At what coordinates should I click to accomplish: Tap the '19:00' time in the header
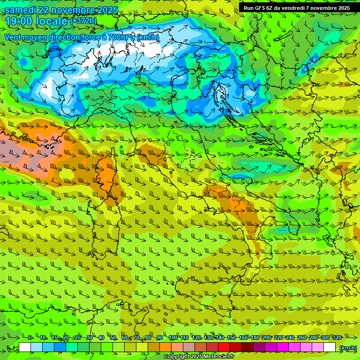(x=19, y=21)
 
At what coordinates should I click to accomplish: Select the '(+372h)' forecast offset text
(x=83, y=21)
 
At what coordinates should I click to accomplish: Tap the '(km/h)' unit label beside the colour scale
(x=347, y=348)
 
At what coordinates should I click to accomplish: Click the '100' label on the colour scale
(x=173, y=337)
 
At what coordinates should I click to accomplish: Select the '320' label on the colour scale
(x=337, y=337)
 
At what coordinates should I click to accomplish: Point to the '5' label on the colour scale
(x=30, y=337)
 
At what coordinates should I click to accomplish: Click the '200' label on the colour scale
(x=266, y=337)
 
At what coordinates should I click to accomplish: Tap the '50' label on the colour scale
(x=113, y=337)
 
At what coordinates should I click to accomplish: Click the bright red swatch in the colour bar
(x=224, y=347)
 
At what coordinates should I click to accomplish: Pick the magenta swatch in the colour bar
(x=283, y=347)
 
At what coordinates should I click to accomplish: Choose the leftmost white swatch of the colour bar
(x=25, y=347)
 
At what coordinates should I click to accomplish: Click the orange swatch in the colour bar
(x=165, y=347)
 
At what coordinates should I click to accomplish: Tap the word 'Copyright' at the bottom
(x=177, y=357)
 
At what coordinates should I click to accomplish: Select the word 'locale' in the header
(x=52, y=21)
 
